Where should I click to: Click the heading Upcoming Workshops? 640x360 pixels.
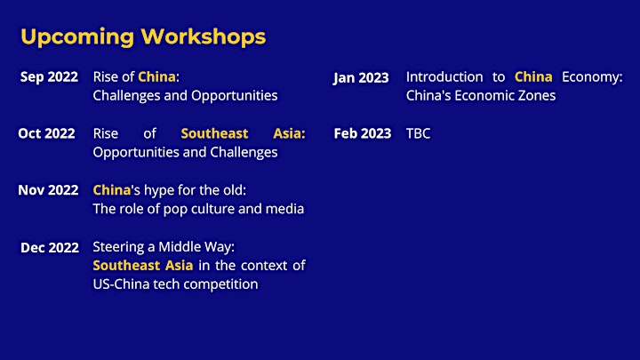pos(143,37)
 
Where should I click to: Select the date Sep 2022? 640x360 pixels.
pos(49,77)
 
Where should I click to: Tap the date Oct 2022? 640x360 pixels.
pos(46,133)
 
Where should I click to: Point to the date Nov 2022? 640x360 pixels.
pos(48,190)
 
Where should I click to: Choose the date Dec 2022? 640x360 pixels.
pos(50,247)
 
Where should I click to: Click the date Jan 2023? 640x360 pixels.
pos(361,78)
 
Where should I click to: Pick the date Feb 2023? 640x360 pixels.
pos(363,133)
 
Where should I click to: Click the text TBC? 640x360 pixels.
pos(418,133)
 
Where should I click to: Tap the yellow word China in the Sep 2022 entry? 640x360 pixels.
pos(156,76)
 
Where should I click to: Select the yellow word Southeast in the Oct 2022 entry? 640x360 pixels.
pos(214,133)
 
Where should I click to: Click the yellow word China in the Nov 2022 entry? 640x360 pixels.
pos(112,190)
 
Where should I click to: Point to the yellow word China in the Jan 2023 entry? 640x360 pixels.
pos(533,76)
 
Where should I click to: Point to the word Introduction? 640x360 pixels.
pos(444,76)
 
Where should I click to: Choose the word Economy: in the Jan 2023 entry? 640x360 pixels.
pos(592,77)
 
